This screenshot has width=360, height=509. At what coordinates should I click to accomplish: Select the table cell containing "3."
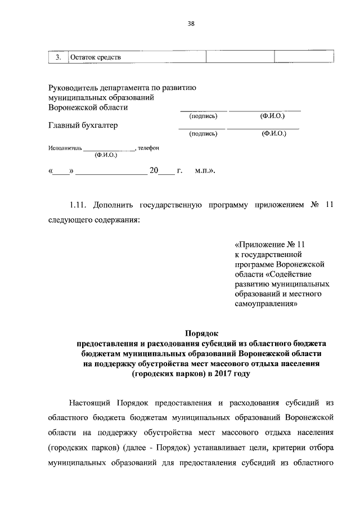tap(57, 57)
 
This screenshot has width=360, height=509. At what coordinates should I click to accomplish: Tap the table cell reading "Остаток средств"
tap(95, 57)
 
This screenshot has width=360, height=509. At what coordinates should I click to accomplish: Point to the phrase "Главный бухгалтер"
tap(83, 125)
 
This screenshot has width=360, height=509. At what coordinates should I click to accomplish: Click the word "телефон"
tap(149, 148)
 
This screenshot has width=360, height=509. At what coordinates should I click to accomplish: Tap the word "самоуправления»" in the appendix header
tap(265, 304)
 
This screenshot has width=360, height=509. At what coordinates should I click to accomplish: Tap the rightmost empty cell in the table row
tap(304, 57)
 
